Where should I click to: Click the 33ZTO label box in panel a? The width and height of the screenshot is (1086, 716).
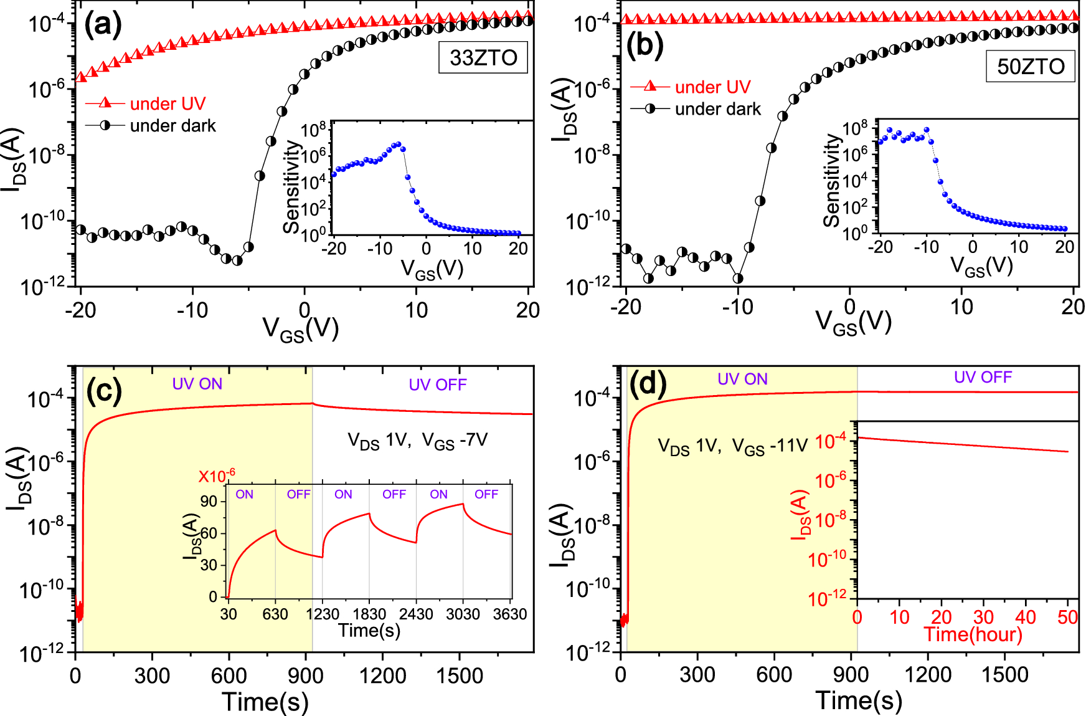483,57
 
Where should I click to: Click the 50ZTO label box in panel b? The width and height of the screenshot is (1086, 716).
1031,66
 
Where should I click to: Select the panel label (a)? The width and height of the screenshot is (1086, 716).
103,26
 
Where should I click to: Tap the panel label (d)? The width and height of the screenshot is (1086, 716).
648,383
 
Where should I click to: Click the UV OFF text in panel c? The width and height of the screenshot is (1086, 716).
437,384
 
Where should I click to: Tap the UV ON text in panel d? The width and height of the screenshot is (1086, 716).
742,379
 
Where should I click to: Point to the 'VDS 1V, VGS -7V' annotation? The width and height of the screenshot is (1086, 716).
417,441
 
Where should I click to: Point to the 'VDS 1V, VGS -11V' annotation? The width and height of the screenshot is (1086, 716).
732,446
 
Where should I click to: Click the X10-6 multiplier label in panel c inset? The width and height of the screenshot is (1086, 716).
217,476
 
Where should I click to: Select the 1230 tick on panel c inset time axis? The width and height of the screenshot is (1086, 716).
323,614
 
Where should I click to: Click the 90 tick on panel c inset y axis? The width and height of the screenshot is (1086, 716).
209,502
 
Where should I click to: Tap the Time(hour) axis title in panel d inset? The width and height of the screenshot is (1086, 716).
973,634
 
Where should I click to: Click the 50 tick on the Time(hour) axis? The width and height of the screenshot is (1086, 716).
1067,617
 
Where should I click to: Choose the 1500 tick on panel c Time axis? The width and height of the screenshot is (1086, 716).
460,675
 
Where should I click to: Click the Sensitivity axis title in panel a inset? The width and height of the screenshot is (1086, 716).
291,187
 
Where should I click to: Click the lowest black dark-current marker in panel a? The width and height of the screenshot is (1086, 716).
237,260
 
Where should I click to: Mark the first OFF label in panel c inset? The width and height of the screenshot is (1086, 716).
298,494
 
